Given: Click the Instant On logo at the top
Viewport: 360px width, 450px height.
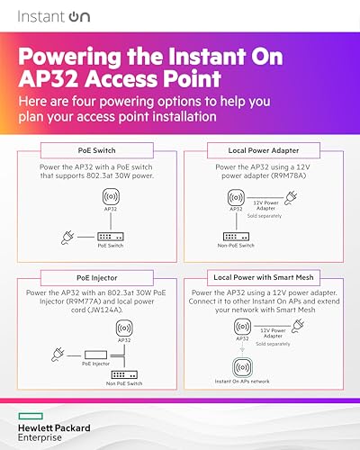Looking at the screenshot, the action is click(x=54, y=16).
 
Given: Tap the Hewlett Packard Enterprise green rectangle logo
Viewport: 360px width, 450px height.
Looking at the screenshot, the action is click(x=31, y=416).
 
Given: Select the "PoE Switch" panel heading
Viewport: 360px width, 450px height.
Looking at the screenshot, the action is click(x=96, y=150).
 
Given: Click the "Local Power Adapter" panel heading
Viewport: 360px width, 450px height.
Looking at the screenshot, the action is click(x=264, y=150).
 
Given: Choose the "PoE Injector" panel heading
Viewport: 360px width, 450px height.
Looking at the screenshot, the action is click(x=97, y=278).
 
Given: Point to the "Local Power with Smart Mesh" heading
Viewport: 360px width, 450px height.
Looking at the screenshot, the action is click(x=264, y=277).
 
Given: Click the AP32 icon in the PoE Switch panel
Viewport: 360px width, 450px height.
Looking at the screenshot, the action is click(x=111, y=196).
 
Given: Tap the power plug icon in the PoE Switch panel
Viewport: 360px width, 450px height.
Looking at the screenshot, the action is click(x=67, y=238).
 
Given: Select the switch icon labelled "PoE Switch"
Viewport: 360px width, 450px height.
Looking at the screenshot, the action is click(x=111, y=237).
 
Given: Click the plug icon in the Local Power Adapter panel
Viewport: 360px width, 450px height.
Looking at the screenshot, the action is click(x=291, y=198).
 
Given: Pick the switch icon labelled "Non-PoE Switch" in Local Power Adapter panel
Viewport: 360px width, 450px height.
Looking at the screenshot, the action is click(x=236, y=237).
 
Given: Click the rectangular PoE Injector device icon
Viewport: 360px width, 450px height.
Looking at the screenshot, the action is click(x=95, y=355).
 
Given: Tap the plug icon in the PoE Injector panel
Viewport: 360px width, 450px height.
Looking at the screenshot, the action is click(x=58, y=355).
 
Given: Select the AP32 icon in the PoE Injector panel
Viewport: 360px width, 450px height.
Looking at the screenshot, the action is click(x=124, y=328).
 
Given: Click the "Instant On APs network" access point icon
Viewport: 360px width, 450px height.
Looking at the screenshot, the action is click(x=242, y=367).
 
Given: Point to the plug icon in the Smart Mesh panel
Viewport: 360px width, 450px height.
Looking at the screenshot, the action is click(x=298, y=326).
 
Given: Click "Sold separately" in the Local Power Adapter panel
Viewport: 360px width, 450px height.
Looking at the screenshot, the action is click(x=265, y=216).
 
